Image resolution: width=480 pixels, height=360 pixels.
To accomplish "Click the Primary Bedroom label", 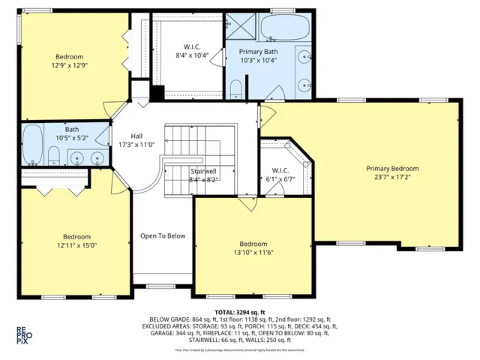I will coord(392,169).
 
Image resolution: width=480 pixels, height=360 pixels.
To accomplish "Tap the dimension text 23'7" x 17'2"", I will coord(392,178).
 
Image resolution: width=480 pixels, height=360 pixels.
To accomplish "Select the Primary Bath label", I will coord(258,51).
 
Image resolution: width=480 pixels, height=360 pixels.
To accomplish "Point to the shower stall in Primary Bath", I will coord(241,28).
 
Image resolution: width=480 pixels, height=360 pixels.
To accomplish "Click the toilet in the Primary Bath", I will coord(235,91).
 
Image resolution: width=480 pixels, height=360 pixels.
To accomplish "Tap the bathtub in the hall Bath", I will coord(32,145).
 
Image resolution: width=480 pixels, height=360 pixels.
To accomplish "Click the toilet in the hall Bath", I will coord(53,157).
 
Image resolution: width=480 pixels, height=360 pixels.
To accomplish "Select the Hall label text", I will coord(136,136).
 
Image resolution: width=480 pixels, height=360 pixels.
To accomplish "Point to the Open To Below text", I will coord(162,236).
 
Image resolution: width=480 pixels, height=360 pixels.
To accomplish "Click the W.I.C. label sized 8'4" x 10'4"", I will coord(191,46).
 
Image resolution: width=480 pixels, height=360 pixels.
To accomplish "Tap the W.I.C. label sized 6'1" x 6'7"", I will coord(280,170).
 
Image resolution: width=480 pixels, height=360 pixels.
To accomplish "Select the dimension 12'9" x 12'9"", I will coord(69,65).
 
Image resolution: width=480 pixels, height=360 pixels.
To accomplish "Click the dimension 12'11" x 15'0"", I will coord(76,244).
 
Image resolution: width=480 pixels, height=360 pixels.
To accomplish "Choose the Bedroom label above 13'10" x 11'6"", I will coord(253,244).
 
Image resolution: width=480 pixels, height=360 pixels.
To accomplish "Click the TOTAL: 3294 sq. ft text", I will coord(239,310).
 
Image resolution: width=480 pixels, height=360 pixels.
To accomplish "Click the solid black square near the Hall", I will coord(157,94).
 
